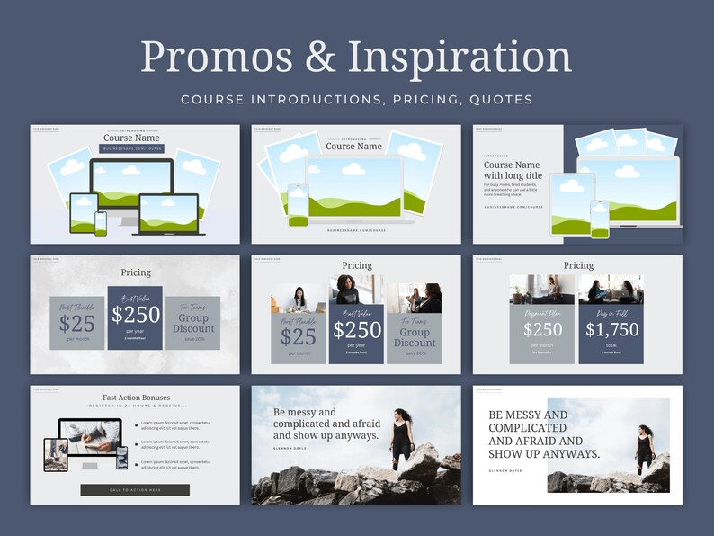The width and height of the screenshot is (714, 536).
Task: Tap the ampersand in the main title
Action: [x=319, y=57]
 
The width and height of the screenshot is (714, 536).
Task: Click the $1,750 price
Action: [x=611, y=329]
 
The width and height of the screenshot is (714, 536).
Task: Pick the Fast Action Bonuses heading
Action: [x=135, y=397]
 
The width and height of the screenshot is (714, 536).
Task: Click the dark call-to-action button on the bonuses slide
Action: [x=135, y=490]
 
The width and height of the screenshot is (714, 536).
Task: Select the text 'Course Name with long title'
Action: [x=512, y=170]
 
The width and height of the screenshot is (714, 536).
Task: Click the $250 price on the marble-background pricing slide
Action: [x=135, y=314]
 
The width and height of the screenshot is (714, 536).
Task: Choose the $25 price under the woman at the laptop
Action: [x=298, y=336]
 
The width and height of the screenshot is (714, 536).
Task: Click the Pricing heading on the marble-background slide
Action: [x=136, y=272]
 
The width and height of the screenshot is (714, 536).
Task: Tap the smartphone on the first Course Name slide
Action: [x=100, y=223]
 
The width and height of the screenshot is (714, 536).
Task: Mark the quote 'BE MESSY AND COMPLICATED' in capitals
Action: [x=543, y=434]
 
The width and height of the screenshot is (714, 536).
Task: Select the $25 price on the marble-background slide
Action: [x=77, y=325]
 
